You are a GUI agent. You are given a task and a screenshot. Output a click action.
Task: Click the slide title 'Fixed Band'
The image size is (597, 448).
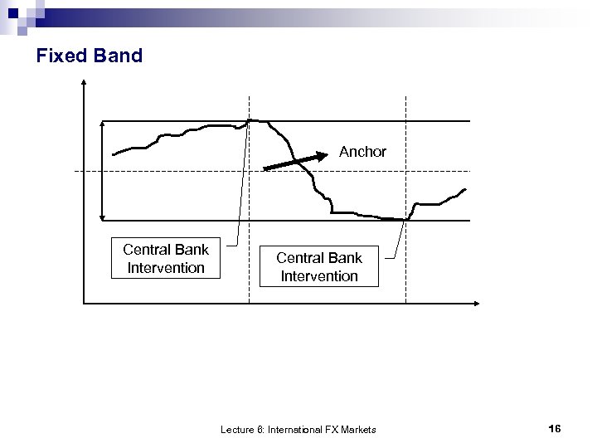[x=90, y=56]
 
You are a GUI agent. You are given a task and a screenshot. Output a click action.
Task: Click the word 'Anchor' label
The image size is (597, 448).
[x=362, y=152]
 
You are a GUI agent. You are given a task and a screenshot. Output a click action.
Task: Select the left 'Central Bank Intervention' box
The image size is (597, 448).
[x=166, y=258]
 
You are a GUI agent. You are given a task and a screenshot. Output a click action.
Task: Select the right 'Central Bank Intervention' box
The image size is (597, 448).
[x=318, y=266]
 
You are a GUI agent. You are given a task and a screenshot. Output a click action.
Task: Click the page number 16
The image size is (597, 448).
[x=555, y=428]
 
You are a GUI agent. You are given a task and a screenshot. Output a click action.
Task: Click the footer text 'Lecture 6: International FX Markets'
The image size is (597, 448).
[x=298, y=429]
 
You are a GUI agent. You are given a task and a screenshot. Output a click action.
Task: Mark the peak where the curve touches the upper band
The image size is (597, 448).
[x=252, y=120]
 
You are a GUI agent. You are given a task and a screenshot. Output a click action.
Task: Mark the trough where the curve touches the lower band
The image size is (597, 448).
[x=404, y=219]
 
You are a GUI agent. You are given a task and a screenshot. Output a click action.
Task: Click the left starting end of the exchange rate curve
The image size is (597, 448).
[x=114, y=155]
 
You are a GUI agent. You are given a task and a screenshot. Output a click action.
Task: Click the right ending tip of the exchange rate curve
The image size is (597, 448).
[x=465, y=189]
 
